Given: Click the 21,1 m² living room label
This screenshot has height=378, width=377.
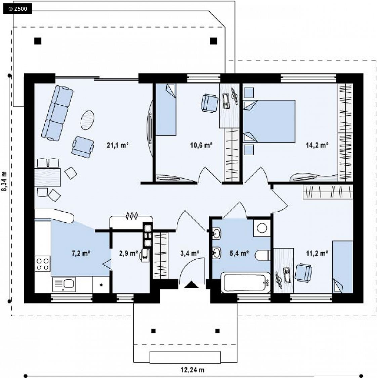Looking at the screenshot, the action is point(118,145).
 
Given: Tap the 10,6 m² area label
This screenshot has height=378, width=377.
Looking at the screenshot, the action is point(201,145).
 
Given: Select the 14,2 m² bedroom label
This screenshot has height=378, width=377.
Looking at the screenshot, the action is point(317,145).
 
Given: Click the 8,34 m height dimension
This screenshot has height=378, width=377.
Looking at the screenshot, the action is point(4,181).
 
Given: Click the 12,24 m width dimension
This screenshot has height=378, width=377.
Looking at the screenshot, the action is point(193,370).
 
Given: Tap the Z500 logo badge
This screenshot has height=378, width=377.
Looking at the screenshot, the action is point(17,9).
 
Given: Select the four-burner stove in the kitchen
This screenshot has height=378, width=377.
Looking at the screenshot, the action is point(43,264).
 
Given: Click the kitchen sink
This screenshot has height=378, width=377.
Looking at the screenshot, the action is point(64,284).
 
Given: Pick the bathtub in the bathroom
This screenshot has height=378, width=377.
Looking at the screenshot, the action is point(246,282).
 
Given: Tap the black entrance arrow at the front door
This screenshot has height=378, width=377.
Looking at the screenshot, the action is point(191,285).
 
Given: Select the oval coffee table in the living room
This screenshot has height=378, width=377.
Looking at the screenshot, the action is point(87,120).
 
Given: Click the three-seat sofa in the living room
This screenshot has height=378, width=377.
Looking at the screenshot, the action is point(57,113).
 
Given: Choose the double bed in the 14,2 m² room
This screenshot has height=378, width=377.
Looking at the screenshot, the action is point(269,121).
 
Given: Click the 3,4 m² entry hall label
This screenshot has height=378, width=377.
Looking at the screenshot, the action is point(190,253).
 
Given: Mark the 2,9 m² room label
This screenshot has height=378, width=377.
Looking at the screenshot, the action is point(128,253).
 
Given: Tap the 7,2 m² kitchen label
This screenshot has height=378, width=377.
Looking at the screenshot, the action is point(81,253).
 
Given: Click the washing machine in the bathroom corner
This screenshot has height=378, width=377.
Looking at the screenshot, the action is point(262,228).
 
